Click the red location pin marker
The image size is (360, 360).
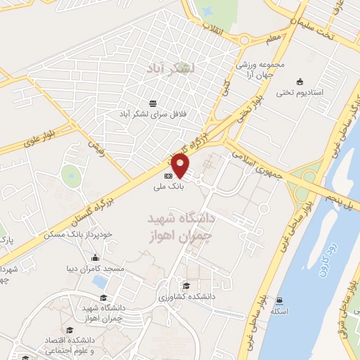pos(181,167)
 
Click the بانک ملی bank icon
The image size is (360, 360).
pos(168,176)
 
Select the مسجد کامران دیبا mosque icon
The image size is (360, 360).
pos(95,257)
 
